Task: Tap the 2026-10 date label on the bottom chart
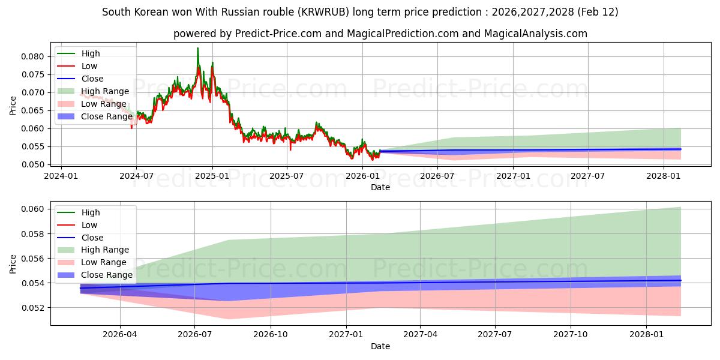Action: click(x=271, y=334)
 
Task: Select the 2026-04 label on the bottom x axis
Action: click(x=120, y=334)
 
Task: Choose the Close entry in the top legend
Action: click(x=92, y=79)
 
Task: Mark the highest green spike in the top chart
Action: click(x=197, y=49)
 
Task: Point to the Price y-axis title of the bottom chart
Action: click(x=13, y=263)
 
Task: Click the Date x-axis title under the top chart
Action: click(x=380, y=187)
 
